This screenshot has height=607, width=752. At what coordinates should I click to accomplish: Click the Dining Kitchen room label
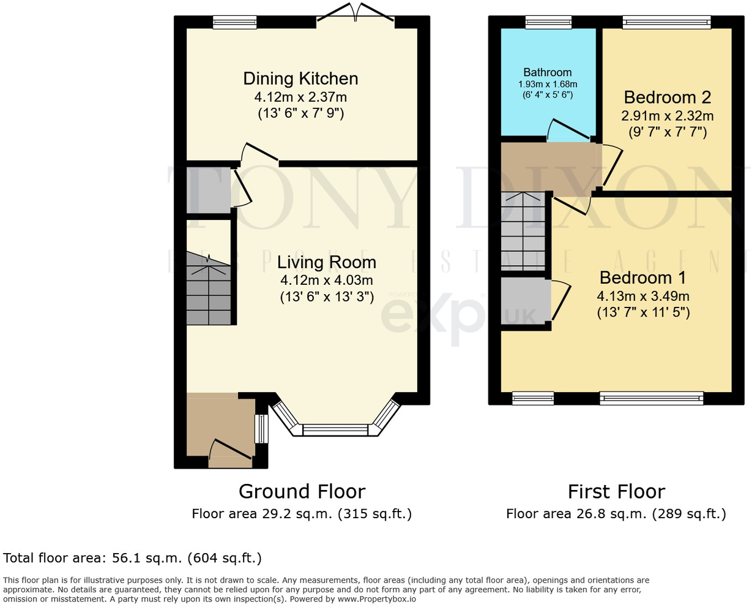coord(300,78)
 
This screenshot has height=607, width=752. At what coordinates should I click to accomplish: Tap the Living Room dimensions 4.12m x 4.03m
coord(326,281)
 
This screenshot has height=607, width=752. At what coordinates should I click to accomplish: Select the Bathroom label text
coord(547,72)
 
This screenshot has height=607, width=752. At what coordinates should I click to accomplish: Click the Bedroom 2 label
coord(668,97)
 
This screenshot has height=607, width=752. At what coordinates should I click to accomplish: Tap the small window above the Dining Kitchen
coord(234,22)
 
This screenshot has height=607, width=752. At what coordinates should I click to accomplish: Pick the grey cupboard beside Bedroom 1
coord(525,303)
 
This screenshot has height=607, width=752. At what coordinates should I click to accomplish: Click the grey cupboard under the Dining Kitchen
coord(207,190)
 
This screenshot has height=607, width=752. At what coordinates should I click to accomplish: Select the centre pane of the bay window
coord(336,430)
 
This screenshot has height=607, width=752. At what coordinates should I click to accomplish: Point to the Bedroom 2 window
coord(666,22)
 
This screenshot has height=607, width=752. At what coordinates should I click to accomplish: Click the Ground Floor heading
coord(302,491)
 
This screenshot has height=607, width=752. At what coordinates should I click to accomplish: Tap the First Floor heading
coord(616,491)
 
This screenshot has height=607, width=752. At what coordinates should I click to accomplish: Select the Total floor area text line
coord(132,558)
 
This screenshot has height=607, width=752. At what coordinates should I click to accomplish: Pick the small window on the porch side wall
coord(261,429)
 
